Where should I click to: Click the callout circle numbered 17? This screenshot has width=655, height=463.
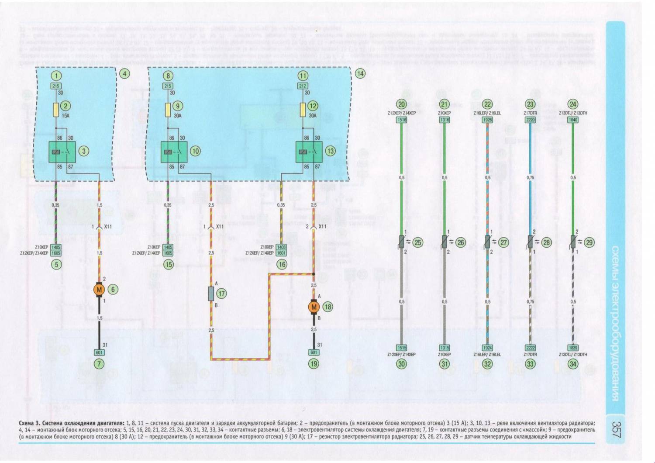tap(221, 294)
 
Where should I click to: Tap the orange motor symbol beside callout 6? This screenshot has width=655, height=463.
tap(99, 289)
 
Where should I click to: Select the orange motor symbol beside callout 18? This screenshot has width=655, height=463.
tap(314, 307)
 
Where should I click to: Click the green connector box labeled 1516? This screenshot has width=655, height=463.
tap(401, 120)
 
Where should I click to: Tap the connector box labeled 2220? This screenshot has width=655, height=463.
tap(530, 120)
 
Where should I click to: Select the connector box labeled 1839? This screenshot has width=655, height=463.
tap(573, 348)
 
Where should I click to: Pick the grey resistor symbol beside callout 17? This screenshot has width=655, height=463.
tap(211, 294)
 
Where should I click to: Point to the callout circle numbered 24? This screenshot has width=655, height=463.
tap(573, 104)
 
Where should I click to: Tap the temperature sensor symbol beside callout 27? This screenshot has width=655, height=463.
tap(487, 242)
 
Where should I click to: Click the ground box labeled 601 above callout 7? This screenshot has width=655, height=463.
tap(99, 352)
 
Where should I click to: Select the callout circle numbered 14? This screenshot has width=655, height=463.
tap(360, 73)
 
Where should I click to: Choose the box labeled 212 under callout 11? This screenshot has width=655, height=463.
tap(303, 86)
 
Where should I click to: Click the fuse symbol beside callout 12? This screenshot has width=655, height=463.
tap(303, 109)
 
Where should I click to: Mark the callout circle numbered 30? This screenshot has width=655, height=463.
tap(401, 363)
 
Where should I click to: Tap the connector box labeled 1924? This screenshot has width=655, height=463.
tap(487, 348)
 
